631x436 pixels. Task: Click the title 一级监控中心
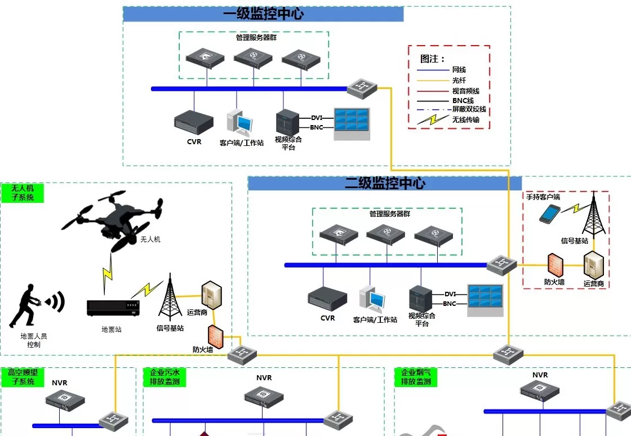(263, 14)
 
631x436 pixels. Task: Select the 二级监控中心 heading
(385, 184)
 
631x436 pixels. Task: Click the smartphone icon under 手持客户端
(550, 214)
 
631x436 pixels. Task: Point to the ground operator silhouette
(25, 307)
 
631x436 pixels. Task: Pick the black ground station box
(113, 308)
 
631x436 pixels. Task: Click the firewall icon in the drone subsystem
(216, 336)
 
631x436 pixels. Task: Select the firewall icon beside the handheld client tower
(556, 265)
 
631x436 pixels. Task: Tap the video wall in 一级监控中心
(352, 124)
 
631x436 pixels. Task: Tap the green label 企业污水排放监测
(165, 377)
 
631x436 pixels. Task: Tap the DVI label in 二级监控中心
(450, 294)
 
